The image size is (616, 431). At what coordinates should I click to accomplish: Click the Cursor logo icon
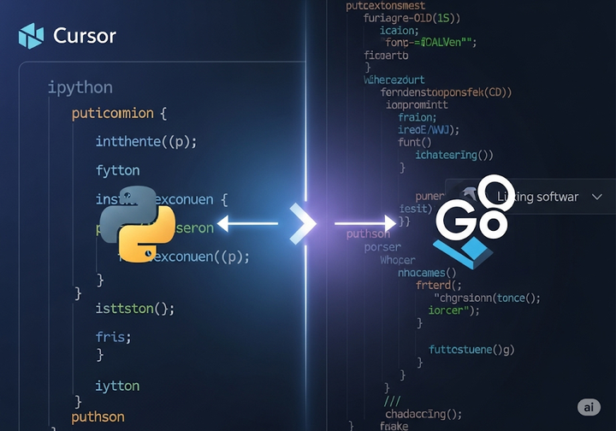click(x=31, y=36)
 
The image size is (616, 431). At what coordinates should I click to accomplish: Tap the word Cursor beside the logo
click(x=85, y=36)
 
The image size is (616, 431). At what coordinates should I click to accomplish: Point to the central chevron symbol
click(x=303, y=224)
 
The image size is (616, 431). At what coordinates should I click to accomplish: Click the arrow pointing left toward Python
click(x=247, y=224)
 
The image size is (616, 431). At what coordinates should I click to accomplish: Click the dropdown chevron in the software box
click(x=597, y=197)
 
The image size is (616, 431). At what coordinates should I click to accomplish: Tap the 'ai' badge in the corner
click(x=589, y=407)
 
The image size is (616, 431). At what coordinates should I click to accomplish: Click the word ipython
click(x=80, y=87)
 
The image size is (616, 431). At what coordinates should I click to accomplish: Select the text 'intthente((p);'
click(x=152, y=141)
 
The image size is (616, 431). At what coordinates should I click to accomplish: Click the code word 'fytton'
click(x=118, y=170)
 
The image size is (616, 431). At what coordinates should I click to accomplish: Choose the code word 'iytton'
click(x=118, y=386)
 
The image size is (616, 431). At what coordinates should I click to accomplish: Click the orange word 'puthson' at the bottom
click(x=98, y=417)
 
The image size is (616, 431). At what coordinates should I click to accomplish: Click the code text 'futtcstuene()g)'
click(x=471, y=349)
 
